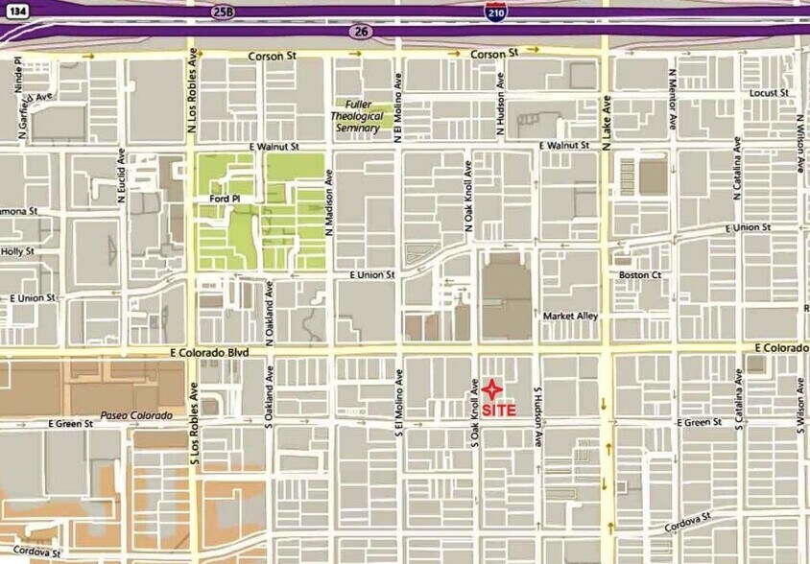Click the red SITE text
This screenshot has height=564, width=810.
(499, 410)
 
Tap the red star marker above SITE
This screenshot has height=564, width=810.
(491, 389)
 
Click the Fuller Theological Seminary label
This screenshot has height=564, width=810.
(356, 116)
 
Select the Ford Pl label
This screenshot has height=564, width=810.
(222, 200)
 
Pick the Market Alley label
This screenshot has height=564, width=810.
(570, 316)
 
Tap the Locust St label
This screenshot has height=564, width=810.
(770, 93)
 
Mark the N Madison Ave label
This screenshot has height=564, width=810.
(328, 198)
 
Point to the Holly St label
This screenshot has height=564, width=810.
(17, 251)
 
